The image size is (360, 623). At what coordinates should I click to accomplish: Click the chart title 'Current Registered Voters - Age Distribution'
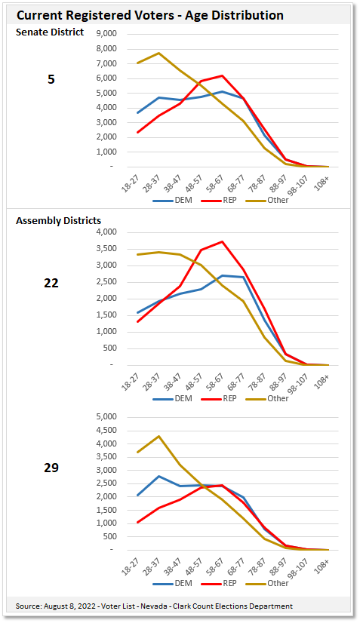(x=150, y=15)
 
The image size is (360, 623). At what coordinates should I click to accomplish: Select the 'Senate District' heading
(x=50, y=32)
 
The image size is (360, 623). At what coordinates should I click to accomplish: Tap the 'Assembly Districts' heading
(x=59, y=220)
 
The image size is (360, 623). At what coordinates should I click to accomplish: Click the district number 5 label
(x=51, y=78)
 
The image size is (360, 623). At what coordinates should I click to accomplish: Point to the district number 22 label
(x=51, y=283)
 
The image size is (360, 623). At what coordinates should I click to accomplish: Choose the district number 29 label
(x=51, y=468)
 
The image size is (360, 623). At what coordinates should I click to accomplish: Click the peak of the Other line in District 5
(x=158, y=54)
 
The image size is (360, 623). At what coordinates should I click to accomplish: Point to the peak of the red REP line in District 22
(x=221, y=242)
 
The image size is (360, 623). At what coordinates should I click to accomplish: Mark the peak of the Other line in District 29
(x=158, y=436)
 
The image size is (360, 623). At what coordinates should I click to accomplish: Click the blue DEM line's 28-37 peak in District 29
(x=158, y=476)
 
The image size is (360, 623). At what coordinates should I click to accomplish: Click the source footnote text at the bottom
(x=155, y=606)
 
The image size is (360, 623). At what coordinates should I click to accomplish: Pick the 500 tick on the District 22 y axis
(x=109, y=348)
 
